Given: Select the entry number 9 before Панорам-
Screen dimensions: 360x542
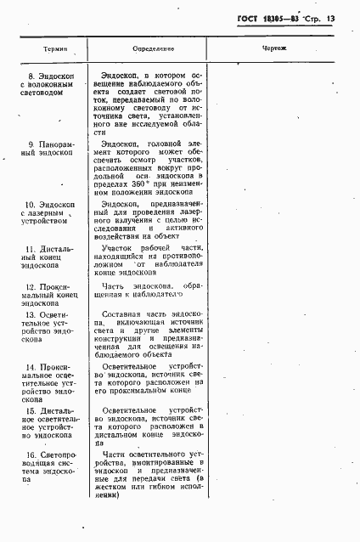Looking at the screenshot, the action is (x=31, y=146).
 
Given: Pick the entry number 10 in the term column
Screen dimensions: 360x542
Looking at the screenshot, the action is (x=30, y=205).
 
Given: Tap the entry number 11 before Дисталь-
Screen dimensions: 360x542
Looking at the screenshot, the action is (x=31, y=249).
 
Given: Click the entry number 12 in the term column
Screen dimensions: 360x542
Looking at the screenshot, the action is (x=31, y=287).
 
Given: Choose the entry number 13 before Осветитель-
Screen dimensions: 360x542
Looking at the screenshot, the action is (x=30, y=315).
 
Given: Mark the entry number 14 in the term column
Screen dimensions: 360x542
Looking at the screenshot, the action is (x=30, y=368).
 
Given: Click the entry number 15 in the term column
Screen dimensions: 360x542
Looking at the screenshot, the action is (x=30, y=411).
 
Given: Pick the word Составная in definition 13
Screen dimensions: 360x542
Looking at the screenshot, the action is (x=121, y=313).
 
